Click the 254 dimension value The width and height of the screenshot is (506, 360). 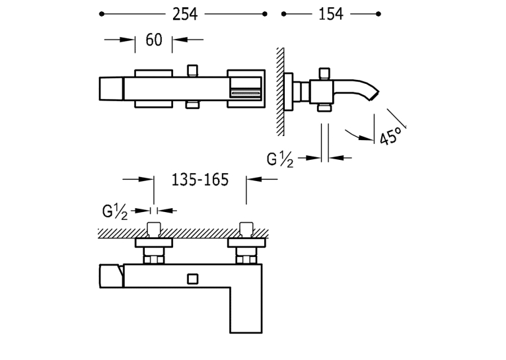pyautogui.click(x=185, y=14)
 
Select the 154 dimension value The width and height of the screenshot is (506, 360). pyautogui.click(x=331, y=14)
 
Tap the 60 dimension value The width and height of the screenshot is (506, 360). pyautogui.click(x=154, y=40)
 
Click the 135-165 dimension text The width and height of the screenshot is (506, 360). pyautogui.click(x=200, y=180)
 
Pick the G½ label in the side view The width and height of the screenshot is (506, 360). pyautogui.click(x=280, y=159)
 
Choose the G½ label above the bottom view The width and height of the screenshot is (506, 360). pyautogui.click(x=115, y=212)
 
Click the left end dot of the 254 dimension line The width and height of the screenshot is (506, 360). pyautogui.click(x=102, y=14)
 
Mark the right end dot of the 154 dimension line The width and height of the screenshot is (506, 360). pyautogui.click(x=379, y=14)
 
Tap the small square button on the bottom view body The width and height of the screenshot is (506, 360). pyautogui.click(x=193, y=279)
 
